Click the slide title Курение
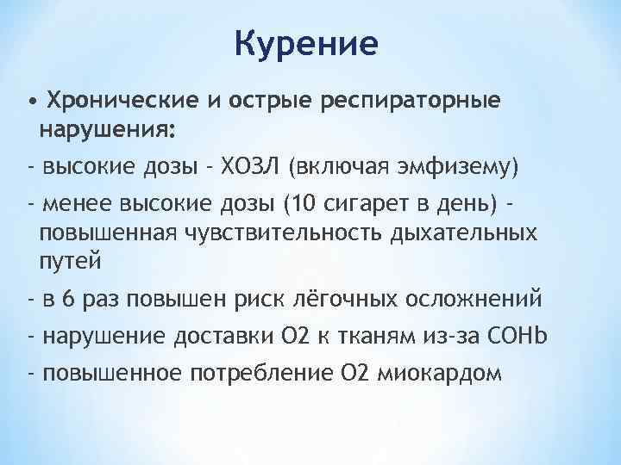pyautogui.click(x=307, y=44)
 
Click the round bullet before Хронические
pyautogui.click(x=33, y=102)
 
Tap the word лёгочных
pyautogui.click(x=354, y=299)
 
